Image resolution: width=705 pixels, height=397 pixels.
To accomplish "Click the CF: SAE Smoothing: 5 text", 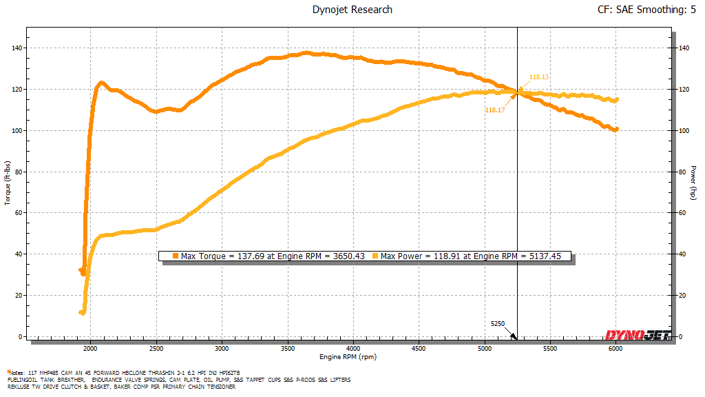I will click(x=647, y=10).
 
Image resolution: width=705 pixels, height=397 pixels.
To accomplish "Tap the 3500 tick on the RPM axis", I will click(x=288, y=349).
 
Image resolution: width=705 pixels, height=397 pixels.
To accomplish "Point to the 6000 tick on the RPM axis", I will click(x=616, y=349).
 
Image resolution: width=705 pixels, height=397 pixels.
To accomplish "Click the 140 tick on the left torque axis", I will click(x=14, y=48).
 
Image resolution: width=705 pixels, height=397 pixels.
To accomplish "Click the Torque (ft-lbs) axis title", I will click(x=6, y=182).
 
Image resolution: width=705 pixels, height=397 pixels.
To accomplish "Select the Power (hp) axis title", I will click(x=693, y=182).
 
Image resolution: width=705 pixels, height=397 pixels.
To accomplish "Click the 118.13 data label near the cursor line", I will click(x=538, y=77).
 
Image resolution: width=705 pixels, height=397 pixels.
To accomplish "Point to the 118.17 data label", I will click(x=494, y=110).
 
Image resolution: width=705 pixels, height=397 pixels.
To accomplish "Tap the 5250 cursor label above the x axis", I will click(x=498, y=323).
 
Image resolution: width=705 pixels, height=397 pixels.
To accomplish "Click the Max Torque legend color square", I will click(x=176, y=256).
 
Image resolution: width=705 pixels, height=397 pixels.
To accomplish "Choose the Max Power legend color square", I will click(x=375, y=256).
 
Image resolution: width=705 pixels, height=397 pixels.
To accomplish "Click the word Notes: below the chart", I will click(x=18, y=372).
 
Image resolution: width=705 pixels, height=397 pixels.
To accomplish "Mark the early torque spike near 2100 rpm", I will click(x=101, y=83).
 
